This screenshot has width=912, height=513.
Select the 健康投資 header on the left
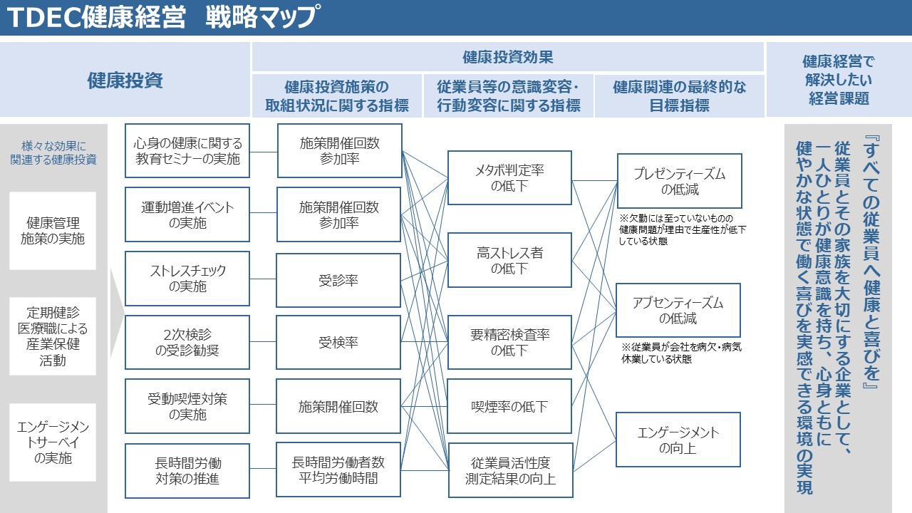[125, 80]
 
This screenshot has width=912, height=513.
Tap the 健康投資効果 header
[507, 57]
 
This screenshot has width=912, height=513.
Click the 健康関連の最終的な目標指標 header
[679, 96]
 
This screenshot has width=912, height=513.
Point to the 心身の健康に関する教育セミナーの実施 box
[187, 151]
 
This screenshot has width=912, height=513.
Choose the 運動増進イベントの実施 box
[187, 214]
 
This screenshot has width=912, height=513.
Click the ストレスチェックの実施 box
[187, 279]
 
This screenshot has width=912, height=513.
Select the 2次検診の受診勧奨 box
[187, 343]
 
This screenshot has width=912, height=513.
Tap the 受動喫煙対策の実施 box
[187, 406]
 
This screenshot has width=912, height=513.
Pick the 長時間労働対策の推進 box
[187, 470]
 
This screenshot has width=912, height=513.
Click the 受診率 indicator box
[338, 280]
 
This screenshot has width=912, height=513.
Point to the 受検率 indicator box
[338, 343]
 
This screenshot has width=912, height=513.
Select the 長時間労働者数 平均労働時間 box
[338, 470]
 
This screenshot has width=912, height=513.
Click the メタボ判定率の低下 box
[509, 178]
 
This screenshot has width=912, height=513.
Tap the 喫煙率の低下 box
[509, 407]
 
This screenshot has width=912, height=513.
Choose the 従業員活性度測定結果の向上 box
[509, 470]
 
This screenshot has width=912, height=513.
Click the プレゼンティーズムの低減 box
[679, 181]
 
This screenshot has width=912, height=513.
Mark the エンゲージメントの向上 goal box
[678, 440]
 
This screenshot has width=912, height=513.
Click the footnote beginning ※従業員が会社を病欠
[681, 353]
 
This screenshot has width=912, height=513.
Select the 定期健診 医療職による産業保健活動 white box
[53, 336]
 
